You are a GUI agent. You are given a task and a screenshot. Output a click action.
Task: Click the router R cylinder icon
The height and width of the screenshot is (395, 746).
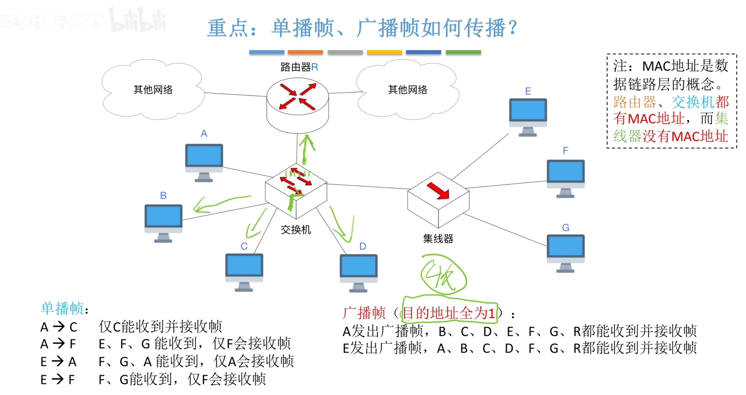tap(298, 105)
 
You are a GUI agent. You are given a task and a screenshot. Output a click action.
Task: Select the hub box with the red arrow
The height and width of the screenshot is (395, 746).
tap(438, 199)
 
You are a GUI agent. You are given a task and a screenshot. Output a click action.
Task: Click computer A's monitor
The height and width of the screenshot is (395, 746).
tap(204, 156)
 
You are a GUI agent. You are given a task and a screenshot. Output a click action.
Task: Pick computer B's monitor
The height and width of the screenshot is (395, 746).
tap(163, 217)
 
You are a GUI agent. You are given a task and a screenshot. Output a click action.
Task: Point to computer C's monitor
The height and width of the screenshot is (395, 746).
tap(244, 266)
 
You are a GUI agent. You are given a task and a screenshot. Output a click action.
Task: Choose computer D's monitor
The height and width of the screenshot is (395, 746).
tap(359, 266)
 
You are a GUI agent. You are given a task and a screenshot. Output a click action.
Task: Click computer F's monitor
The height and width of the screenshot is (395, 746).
tap(566, 172)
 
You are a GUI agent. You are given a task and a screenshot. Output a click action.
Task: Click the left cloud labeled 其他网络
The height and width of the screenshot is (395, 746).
tap(153, 90)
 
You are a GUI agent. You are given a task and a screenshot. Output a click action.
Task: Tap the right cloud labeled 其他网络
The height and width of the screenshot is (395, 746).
tap(408, 90)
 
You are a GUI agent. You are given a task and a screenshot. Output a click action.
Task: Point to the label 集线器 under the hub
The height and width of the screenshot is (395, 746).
tap(438, 239)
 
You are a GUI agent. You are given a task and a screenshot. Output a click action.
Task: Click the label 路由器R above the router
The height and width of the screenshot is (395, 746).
tap(299, 67)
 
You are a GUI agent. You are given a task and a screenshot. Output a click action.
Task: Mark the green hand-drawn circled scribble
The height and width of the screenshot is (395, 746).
tap(443, 275)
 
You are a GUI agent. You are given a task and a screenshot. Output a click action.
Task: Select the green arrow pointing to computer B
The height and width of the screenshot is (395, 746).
tap(219, 203)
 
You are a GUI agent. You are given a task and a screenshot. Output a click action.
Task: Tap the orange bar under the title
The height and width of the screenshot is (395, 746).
tap(305, 52)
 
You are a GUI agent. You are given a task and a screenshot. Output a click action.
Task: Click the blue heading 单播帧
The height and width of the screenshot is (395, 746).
tap(62, 308)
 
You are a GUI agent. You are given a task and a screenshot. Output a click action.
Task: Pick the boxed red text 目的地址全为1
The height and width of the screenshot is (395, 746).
tap(449, 313)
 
